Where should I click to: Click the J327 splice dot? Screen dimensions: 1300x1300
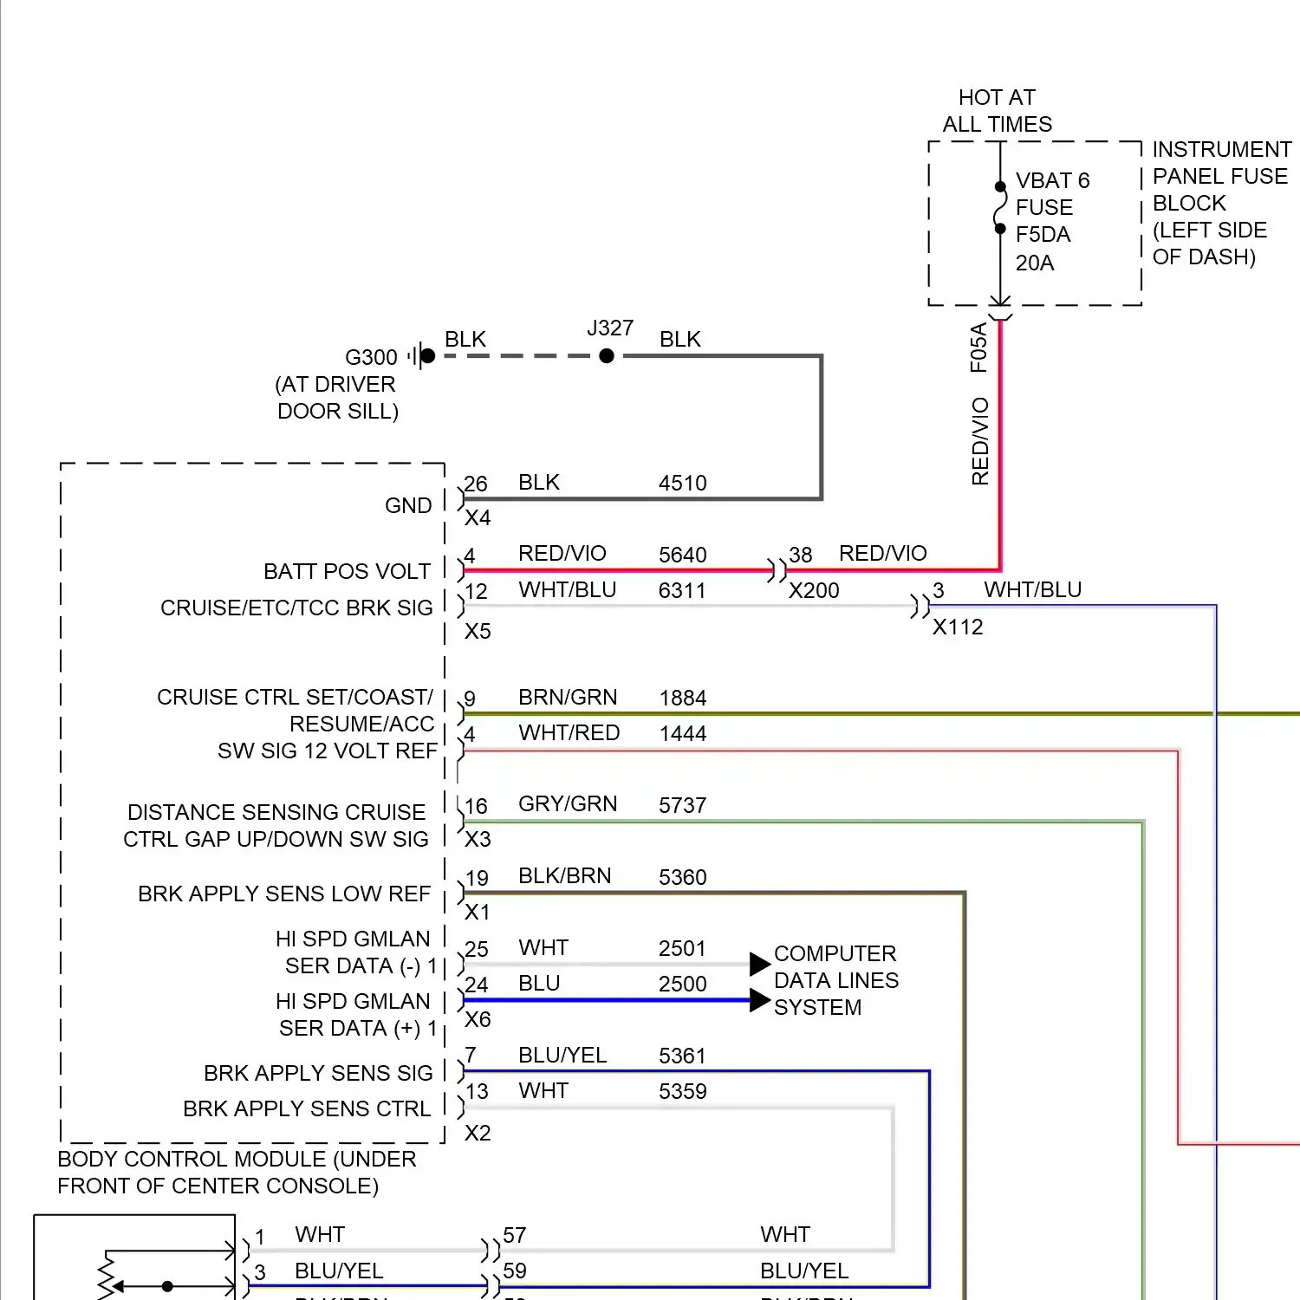click(x=607, y=355)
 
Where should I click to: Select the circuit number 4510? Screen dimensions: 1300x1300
click(x=682, y=483)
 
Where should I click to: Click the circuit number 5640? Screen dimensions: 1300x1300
click(x=682, y=555)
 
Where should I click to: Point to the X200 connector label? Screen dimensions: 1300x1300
click(x=814, y=590)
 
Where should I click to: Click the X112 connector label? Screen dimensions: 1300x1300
click(x=958, y=627)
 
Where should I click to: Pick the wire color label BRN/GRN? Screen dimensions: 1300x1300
click(x=568, y=697)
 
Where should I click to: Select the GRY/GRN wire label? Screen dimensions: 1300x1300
click(x=568, y=804)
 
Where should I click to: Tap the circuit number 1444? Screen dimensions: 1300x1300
click(x=682, y=733)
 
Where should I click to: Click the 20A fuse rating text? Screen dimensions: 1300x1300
click(x=1035, y=263)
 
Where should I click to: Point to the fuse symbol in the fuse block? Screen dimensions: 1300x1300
click(x=1000, y=208)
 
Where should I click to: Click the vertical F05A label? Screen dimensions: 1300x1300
click(x=978, y=348)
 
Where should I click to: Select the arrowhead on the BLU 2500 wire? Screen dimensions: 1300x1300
click(x=759, y=1000)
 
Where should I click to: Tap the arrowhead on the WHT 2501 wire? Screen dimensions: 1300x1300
click(x=759, y=964)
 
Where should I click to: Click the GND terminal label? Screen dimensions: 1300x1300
click(x=408, y=505)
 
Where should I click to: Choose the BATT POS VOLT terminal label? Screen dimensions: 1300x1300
click(x=347, y=571)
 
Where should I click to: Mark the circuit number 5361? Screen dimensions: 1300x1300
click(x=682, y=1056)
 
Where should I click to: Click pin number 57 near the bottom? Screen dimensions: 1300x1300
click(x=515, y=1235)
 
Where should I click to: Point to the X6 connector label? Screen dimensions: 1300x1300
click(x=478, y=1019)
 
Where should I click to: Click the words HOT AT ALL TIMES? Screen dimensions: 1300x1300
click(x=998, y=111)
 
